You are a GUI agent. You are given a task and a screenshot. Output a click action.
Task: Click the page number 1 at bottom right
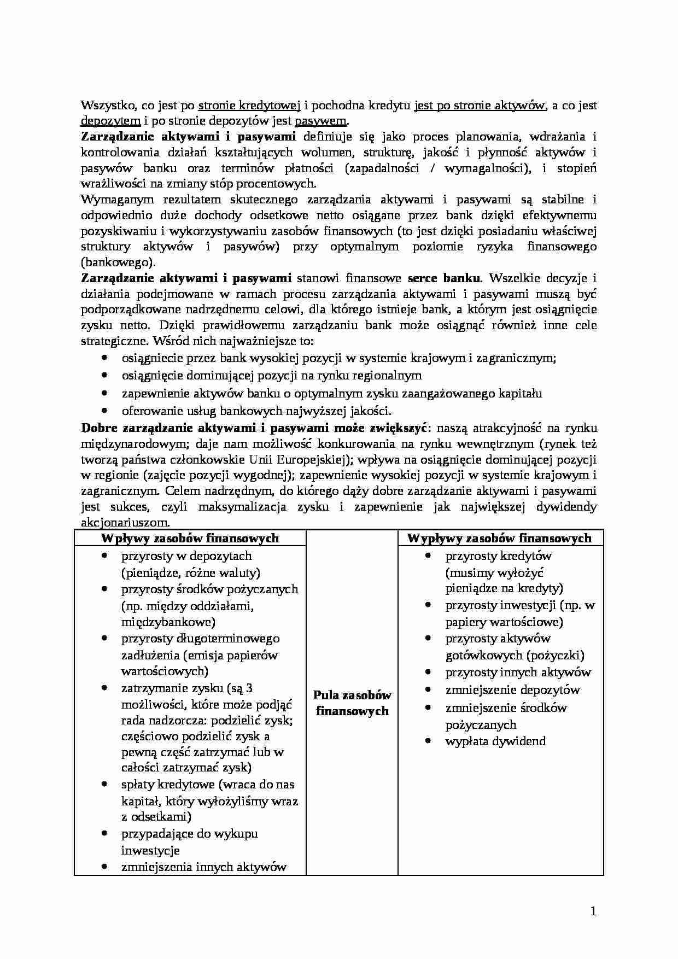click(593, 911)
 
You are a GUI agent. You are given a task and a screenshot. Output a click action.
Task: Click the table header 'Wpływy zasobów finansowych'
click(190, 538)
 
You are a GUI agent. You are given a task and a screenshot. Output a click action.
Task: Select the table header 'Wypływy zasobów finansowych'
click(500, 538)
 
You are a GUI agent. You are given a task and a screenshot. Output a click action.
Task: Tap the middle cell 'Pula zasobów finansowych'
click(352, 703)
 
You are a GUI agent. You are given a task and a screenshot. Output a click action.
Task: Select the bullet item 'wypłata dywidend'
click(495, 741)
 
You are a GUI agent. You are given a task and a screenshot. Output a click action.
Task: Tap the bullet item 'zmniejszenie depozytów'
click(512, 689)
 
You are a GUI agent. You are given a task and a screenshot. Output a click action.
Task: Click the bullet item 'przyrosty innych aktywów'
click(518, 673)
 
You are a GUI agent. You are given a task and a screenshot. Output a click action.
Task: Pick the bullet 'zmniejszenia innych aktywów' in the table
click(204, 867)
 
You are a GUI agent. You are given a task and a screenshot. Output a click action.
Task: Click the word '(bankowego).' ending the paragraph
click(118, 261)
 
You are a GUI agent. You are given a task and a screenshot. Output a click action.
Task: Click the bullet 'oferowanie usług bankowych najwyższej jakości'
click(256, 411)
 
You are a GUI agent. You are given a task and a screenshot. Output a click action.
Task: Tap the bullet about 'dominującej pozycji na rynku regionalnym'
click(271, 376)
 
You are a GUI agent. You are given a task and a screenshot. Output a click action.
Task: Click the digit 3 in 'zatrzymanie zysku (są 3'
click(250, 688)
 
